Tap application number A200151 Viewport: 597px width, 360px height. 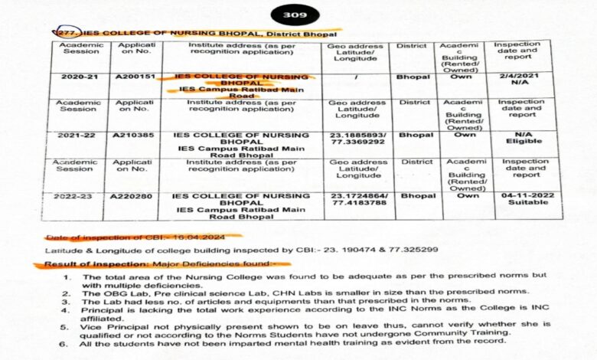tap(133, 77)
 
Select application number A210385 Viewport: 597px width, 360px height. tap(133, 135)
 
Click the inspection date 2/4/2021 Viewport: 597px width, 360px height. tap(524, 77)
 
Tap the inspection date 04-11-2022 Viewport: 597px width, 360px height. tap(524, 195)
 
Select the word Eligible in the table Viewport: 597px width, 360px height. tap(524, 142)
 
